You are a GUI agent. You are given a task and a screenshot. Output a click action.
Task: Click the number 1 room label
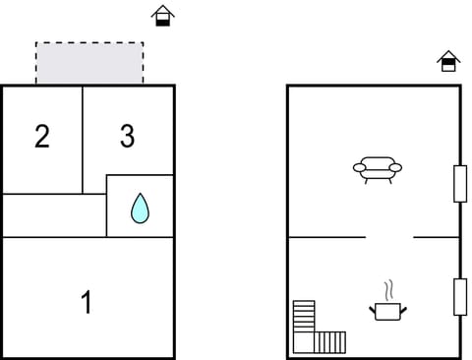pos(87,302)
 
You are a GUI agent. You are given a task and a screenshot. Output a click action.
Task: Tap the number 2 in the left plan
pos(41,137)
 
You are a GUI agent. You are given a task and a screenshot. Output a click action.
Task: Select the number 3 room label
pos(127,137)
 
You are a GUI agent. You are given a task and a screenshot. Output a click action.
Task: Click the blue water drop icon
pos(140,208)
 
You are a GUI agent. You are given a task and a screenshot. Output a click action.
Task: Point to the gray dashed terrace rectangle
pos(89,63)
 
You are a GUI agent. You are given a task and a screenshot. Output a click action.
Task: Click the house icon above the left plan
pos(162,15)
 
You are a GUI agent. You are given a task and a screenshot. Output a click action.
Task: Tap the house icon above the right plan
pos(448,61)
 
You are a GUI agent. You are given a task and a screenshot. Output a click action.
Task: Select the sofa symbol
pos(378,169)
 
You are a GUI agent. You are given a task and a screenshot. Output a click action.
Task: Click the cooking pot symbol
pos(388,311)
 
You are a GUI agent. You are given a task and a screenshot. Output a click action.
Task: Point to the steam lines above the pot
pos(388,290)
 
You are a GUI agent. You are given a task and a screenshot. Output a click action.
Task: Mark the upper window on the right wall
pos(459,184)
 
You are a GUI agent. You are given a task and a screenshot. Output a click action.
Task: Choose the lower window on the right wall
pos(459,297)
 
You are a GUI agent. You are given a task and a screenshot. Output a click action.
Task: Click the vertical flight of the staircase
pos(304,320)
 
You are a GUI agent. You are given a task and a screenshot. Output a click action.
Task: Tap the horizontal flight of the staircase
pos(330,342)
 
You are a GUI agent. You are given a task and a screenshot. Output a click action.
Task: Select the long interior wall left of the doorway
pos(326,237)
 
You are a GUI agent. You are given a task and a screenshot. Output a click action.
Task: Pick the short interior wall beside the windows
pos(436,237)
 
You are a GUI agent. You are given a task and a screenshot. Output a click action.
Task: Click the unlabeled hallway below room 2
pos(54,215)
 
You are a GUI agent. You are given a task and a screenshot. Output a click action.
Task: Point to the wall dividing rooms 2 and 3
pos(83,139)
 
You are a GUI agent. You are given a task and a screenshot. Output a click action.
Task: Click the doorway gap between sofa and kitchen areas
pos(389,237)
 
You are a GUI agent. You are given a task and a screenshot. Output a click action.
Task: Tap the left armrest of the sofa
pos(358,168)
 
